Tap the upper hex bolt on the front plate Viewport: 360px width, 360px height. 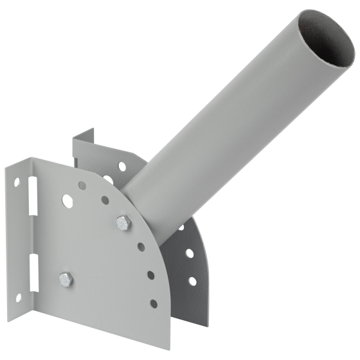point(123,223)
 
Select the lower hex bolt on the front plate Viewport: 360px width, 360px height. point(66,279)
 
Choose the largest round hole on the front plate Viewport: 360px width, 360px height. point(66,201)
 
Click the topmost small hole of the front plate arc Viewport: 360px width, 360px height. point(82,185)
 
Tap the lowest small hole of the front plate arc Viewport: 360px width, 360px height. point(153,303)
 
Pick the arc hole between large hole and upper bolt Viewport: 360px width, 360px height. point(105,200)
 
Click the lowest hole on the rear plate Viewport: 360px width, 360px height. point(192,281)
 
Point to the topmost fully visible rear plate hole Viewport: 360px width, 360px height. point(122,166)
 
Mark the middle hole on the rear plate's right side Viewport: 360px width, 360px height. point(190,253)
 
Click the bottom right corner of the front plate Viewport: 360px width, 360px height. point(168,348)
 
